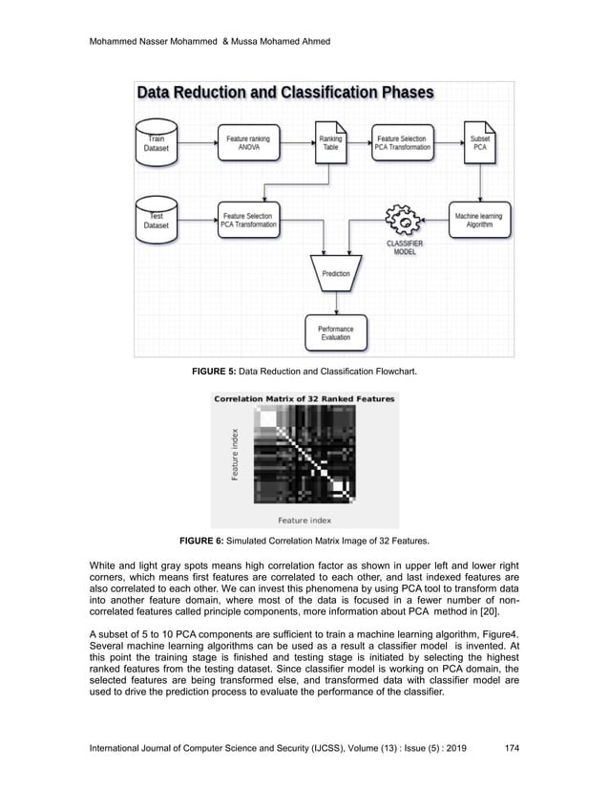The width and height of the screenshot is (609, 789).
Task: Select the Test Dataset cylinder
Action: pyautogui.click(x=157, y=219)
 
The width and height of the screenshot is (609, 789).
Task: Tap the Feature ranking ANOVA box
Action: pyautogui.click(x=247, y=143)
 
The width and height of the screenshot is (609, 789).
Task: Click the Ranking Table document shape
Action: pyautogui.click(x=330, y=142)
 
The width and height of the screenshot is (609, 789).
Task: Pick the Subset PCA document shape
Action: pyautogui.click(x=479, y=142)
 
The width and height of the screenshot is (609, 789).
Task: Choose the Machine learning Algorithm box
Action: pyautogui.click(x=479, y=221)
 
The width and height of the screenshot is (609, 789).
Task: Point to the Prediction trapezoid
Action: pyautogui.click(x=336, y=274)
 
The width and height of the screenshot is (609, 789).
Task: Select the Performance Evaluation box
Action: pyautogui.click(x=335, y=333)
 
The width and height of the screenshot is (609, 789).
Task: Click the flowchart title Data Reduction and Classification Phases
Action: pyautogui.click(x=286, y=93)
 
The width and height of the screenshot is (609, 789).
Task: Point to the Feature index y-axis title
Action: pyautogui.click(x=234, y=454)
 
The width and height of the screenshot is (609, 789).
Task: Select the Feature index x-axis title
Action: pyautogui.click(x=304, y=520)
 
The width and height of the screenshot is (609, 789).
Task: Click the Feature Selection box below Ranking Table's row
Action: pyautogui.click(x=247, y=221)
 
